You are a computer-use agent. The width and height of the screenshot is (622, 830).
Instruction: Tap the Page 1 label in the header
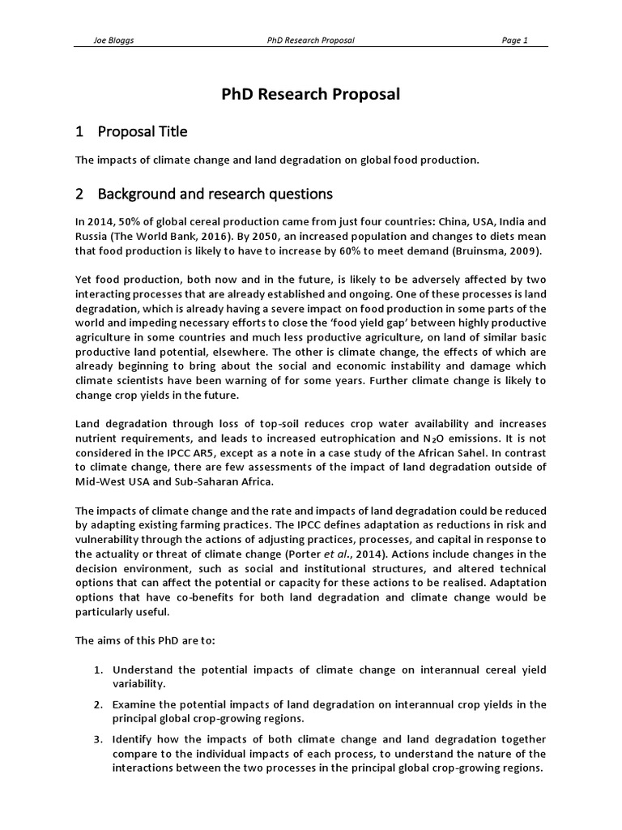[514, 41]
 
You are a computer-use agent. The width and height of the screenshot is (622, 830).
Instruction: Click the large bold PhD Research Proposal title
[311, 94]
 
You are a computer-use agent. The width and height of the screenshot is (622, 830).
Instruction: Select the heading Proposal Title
[143, 131]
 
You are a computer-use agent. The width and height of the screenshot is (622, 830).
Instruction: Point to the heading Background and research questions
[215, 194]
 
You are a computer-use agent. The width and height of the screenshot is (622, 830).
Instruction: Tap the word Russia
[92, 236]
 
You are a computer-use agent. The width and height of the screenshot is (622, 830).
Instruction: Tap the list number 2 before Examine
[96, 704]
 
